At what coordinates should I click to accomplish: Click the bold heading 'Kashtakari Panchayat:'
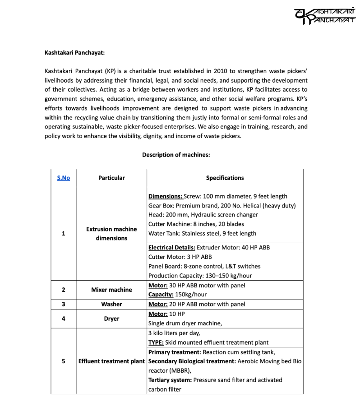coord(74,52)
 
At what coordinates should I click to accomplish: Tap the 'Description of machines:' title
coord(176,155)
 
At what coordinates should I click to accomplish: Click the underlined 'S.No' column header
coord(64,178)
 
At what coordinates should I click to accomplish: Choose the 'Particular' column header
coord(111,178)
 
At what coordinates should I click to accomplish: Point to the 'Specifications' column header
coord(225,178)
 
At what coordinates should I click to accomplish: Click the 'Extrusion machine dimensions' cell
coord(111,234)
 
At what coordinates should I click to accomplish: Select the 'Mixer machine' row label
coord(111,290)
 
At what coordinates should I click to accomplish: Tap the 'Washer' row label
coord(111,305)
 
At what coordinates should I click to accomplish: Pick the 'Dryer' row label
coord(111,319)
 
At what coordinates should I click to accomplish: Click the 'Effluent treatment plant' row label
coord(111,361)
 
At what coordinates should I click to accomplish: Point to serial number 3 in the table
coord(64,305)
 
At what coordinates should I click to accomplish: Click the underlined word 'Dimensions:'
coord(166,196)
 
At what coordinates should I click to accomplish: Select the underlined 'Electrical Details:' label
coord(172,248)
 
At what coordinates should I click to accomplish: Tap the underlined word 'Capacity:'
coord(161,295)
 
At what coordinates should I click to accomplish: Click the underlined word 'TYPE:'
coord(156,342)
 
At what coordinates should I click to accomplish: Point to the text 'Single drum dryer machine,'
coord(185,323)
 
